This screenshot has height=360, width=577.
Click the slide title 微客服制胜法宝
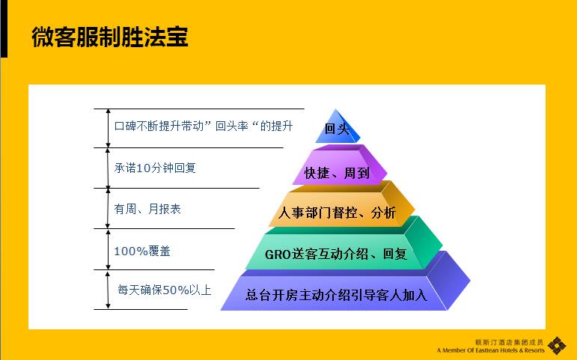point(110,37)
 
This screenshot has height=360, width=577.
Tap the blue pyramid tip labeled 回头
point(338,128)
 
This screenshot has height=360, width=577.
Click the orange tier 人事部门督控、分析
point(341,204)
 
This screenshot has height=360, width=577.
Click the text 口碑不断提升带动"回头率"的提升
point(204,126)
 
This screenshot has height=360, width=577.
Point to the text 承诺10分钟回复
point(155,168)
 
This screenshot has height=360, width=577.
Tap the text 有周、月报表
point(147,209)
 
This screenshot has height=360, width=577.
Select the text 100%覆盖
point(142,251)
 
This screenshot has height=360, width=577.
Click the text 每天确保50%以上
point(165,290)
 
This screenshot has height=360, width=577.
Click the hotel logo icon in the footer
point(557,346)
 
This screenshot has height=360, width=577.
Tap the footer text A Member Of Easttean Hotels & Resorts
point(490,350)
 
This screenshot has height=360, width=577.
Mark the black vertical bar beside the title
point(4,28)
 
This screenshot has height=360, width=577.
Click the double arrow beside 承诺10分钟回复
point(108,168)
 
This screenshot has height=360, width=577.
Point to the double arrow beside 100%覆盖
point(108,249)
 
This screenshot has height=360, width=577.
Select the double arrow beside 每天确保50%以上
point(108,290)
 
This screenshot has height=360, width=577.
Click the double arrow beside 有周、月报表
point(108,209)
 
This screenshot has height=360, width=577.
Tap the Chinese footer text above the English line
point(509,342)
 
